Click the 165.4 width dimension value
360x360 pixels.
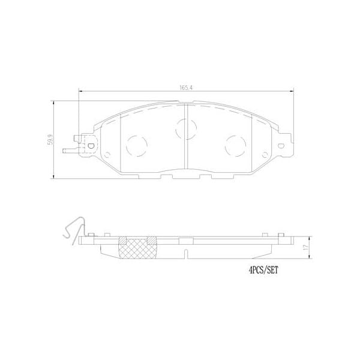point(184,88)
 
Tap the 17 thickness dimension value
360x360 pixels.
point(306,247)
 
